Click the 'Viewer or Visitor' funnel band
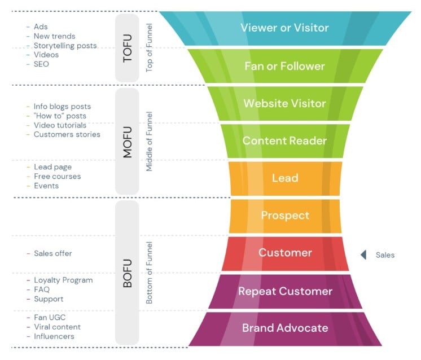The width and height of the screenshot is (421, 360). pyautogui.click(x=284, y=28)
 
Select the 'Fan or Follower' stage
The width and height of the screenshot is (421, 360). pyautogui.click(x=284, y=66)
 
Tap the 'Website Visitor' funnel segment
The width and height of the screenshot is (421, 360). pyautogui.click(x=284, y=103)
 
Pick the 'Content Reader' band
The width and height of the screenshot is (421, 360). pyautogui.click(x=284, y=141)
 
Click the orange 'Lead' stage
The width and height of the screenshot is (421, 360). pyautogui.click(x=284, y=178)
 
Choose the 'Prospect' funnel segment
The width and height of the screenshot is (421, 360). pyautogui.click(x=284, y=216)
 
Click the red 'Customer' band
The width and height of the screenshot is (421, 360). pyautogui.click(x=284, y=253)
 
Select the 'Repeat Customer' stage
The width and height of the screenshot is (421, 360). pyautogui.click(x=284, y=291)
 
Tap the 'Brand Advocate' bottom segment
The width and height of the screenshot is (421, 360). pyautogui.click(x=284, y=328)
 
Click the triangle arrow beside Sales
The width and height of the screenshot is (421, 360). pyautogui.click(x=364, y=255)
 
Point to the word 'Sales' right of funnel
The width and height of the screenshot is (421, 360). pyautogui.click(x=385, y=255)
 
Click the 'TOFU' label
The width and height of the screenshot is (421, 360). pyautogui.click(x=127, y=49)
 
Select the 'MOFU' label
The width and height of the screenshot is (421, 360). pyautogui.click(x=127, y=142)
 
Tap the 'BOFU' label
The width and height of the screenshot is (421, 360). pyautogui.click(x=127, y=273)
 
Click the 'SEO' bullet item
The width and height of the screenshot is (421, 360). pyautogui.click(x=41, y=64)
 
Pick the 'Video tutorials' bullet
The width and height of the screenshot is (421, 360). pyautogui.click(x=60, y=125)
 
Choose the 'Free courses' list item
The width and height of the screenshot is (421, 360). pyautogui.click(x=57, y=177)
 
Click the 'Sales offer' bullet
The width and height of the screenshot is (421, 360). pyautogui.click(x=52, y=253)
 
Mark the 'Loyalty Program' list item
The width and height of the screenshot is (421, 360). pyautogui.click(x=63, y=280)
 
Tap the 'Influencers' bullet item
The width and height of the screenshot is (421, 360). pyautogui.click(x=54, y=336)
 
